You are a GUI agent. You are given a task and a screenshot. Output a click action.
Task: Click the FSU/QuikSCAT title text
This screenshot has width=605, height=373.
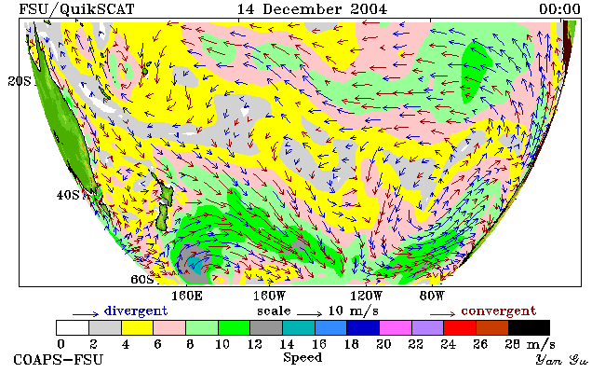tap(76, 9)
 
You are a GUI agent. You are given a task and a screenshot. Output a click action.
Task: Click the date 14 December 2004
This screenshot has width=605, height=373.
tap(312, 9)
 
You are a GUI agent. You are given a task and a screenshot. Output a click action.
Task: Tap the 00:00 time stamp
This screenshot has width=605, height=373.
tap(559, 9)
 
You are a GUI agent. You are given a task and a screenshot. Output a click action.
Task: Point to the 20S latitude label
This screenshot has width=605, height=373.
tap(20, 81)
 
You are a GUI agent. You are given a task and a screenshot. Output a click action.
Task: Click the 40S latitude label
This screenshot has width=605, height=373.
tap(68, 195)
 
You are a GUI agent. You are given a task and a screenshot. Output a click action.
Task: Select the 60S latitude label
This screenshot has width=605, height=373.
tap(142, 279)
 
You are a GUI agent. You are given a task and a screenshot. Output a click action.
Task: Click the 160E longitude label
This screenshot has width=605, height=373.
tap(187, 297)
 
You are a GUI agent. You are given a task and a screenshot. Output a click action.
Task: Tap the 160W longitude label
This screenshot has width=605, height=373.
tap(269, 297)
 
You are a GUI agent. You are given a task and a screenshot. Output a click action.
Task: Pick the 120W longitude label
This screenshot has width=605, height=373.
tap(366, 297)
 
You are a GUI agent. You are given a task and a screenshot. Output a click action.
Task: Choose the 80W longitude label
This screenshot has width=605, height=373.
tap(432, 297)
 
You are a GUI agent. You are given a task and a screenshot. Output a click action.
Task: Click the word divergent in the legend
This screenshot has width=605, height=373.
tap(136, 311)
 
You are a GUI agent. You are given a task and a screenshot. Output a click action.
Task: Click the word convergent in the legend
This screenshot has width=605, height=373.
tap(499, 311)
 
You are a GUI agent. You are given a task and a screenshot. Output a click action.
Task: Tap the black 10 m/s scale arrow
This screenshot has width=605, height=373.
tap(309, 314)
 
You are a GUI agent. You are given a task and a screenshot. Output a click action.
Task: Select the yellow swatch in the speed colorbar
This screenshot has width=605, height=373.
tap(138, 327)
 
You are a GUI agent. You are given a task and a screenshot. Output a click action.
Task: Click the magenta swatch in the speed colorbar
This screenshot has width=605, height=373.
tap(396, 327)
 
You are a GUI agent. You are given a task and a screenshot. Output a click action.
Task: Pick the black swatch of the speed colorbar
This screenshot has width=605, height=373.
tap(529, 327)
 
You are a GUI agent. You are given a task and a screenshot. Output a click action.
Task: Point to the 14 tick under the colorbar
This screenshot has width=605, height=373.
tap(287, 344)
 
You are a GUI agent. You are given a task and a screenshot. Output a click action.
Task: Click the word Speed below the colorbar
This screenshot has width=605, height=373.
tap(302, 358)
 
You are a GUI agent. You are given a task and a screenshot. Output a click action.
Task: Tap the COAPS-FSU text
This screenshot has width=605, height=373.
tap(59, 360)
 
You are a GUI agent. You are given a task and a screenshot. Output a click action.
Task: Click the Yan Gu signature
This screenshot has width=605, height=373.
tap(561, 360)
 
